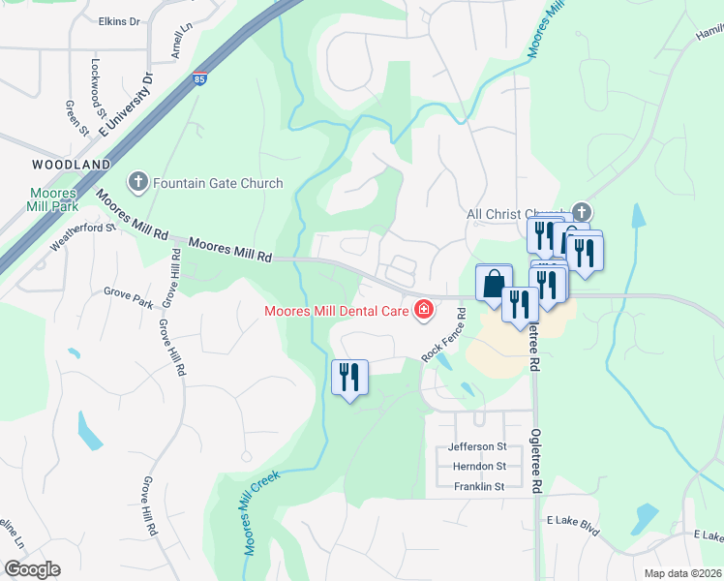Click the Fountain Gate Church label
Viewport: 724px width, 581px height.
point(218,183)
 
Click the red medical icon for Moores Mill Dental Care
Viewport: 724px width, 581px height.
point(423,310)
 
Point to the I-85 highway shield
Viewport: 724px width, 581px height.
point(198,78)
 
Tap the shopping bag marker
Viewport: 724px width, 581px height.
point(494,284)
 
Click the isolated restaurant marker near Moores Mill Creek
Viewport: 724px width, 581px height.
point(349,377)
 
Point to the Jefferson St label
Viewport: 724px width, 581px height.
point(477,446)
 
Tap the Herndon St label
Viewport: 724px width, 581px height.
point(479,467)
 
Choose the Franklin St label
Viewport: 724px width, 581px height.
point(479,487)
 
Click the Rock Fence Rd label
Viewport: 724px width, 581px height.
point(444,336)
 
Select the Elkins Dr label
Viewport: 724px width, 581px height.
point(119,20)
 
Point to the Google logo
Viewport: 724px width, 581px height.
point(32,569)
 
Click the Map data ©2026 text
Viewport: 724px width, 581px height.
point(681,573)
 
